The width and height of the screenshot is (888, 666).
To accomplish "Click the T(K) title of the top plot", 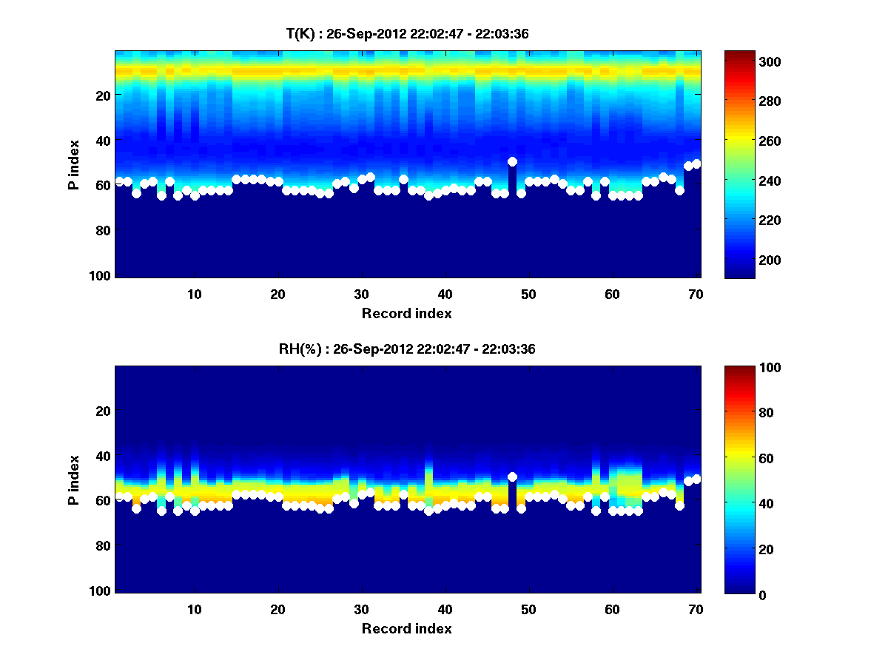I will (x=407, y=33).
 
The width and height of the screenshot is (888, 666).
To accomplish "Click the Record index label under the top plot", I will (x=407, y=313).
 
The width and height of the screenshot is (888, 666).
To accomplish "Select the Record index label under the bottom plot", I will (x=407, y=628).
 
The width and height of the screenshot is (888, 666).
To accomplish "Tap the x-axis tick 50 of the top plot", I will (x=528, y=294).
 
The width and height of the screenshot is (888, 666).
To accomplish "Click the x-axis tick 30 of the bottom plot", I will (x=361, y=609).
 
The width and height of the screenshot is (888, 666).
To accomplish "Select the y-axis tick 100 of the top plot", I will (x=102, y=275).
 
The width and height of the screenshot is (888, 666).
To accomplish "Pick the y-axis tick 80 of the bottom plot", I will (x=104, y=545).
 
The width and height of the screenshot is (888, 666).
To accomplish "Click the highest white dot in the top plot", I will (x=512, y=161).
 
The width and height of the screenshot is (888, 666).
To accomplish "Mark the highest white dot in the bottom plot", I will (x=512, y=477).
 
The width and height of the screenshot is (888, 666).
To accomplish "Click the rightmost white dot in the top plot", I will (x=696, y=164).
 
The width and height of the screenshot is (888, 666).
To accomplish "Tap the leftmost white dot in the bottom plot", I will (x=119, y=497).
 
